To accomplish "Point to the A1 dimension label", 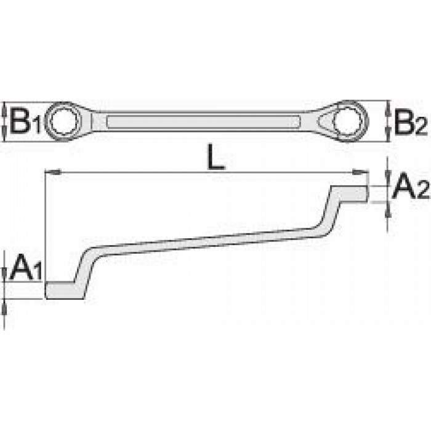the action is (26, 267).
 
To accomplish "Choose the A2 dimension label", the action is (411, 185).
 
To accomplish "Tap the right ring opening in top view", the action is (348, 121).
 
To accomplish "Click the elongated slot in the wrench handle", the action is (204, 121).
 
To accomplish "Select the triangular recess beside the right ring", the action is (326, 121).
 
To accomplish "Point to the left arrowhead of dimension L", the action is (53, 172).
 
